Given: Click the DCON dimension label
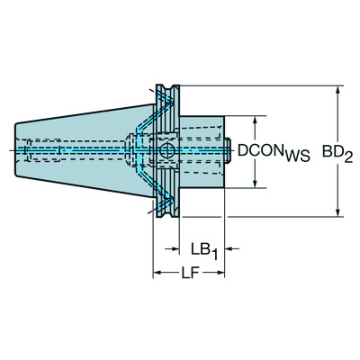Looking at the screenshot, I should (x=260, y=152).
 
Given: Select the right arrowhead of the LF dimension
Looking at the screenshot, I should (x=221, y=271).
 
